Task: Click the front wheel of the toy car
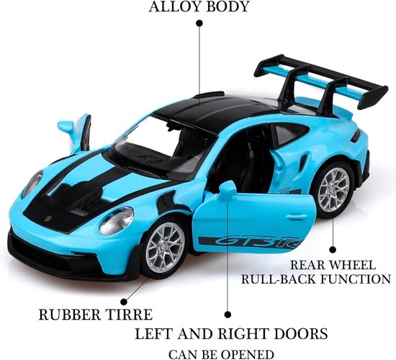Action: [165, 248]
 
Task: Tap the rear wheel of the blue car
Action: [333, 189]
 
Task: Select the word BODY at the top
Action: [228, 6]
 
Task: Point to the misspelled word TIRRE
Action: [130, 315]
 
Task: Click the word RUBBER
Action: [71, 315]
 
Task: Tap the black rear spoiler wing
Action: [320, 80]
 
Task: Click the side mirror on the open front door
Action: [228, 189]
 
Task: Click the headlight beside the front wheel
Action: [117, 220]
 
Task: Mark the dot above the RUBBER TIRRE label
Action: [124, 302]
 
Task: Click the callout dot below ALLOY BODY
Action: [199, 23]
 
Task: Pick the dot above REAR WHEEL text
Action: [333, 250]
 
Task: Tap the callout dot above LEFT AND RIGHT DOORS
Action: [228, 314]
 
